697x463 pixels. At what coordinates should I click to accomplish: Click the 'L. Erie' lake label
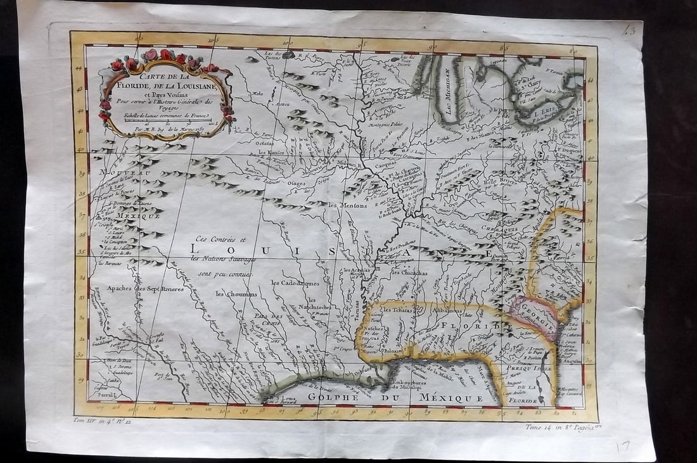tap(544, 115)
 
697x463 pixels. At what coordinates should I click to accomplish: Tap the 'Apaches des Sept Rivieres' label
tap(144, 288)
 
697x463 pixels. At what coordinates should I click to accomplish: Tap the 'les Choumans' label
tap(236, 294)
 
